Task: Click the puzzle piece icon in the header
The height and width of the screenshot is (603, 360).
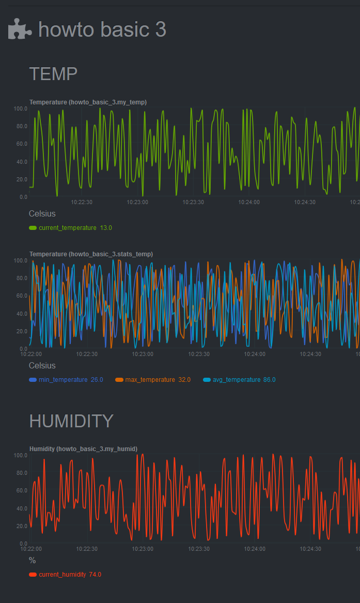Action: pyautogui.click(x=20, y=29)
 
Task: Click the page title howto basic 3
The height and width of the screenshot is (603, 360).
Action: pyautogui.click(x=102, y=29)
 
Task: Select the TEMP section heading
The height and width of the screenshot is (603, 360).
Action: pyautogui.click(x=53, y=74)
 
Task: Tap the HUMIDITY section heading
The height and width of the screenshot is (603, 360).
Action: pyautogui.click(x=71, y=421)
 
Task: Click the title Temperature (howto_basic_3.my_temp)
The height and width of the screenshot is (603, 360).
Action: pyautogui.click(x=88, y=102)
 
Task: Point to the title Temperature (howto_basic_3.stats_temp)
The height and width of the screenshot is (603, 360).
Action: pyautogui.click(x=91, y=254)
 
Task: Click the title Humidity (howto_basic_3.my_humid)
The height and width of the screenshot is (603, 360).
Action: pyautogui.click(x=83, y=449)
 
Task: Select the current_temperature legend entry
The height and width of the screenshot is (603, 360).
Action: pyautogui.click(x=67, y=227)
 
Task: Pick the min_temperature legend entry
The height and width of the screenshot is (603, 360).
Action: pyautogui.click(x=63, y=379)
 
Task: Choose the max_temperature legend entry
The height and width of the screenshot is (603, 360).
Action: pyautogui.click(x=150, y=379)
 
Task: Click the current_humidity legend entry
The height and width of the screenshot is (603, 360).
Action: pyautogui.click(x=62, y=574)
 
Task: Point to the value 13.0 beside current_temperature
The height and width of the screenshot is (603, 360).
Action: pyautogui.click(x=106, y=227)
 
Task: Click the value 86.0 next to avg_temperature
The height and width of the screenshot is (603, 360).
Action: pyautogui.click(x=269, y=379)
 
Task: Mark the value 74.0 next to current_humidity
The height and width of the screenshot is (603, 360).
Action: pyautogui.click(x=95, y=574)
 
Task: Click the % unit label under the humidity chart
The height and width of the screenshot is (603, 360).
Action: pyautogui.click(x=33, y=560)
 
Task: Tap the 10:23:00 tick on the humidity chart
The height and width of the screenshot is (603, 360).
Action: pyautogui.click(x=143, y=549)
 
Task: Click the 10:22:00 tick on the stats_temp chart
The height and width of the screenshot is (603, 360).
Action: pyautogui.click(x=31, y=354)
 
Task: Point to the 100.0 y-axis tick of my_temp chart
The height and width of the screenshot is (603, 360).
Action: pyautogui.click(x=21, y=109)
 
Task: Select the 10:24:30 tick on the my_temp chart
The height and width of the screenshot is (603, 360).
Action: pyautogui.click(x=305, y=202)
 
